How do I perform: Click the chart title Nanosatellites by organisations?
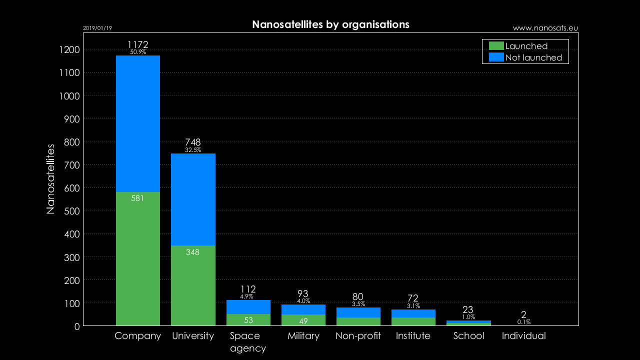click(x=330, y=24)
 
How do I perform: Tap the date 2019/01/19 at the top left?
click(x=97, y=28)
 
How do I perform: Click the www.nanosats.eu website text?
click(x=545, y=28)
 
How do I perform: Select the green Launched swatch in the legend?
click(x=496, y=46)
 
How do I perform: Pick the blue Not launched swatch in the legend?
click(x=496, y=57)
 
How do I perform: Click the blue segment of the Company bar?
click(x=138, y=123)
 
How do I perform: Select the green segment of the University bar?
click(x=193, y=285)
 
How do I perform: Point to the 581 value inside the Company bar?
click(x=137, y=198)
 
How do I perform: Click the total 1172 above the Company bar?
click(x=138, y=44)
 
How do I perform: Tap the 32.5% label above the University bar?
click(x=193, y=150)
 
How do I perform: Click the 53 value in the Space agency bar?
click(x=248, y=320)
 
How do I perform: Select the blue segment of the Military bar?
click(x=303, y=309)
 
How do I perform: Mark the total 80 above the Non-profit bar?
click(x=358, y=297)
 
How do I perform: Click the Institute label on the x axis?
click(x=413, y=336)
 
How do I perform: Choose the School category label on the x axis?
click(x=468, y=336)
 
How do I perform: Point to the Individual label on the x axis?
click(x=523, y=336)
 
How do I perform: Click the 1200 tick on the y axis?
click(x=69, y=50)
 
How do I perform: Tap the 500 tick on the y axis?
click(x=71, y=211)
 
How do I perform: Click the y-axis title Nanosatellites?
click(x=50, y=179)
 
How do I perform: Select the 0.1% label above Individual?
click(x=524, y=322)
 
